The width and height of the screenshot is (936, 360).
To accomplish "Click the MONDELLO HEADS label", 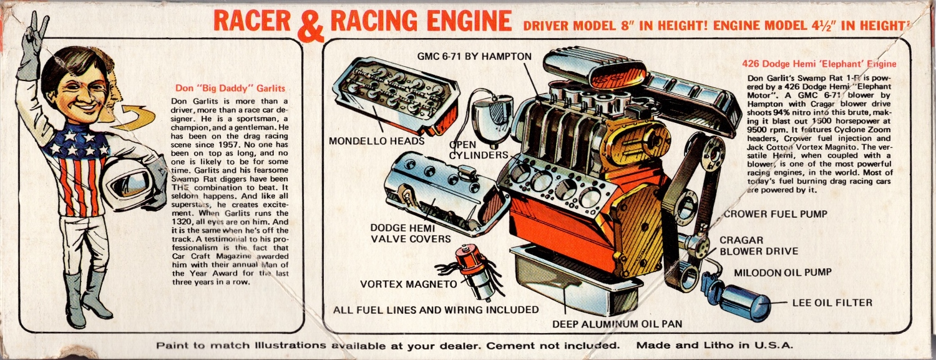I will pos(376,140).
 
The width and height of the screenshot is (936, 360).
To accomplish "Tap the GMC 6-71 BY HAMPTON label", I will pos(474,56).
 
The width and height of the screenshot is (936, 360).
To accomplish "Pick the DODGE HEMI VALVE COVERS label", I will pos(410,233).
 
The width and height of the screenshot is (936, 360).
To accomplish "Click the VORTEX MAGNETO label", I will pos(409,285).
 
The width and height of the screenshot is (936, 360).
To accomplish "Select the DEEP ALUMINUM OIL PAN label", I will pos(617,323).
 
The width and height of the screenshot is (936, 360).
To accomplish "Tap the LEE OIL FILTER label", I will pos(832,303).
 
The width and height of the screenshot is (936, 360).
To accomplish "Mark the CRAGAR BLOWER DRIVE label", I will pos(758,245).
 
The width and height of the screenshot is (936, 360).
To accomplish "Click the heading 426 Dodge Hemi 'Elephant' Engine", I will pos(819,64).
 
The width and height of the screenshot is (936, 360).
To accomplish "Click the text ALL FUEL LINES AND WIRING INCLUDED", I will pos(436,309).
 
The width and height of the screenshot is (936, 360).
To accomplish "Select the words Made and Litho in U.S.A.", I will pos(714,345).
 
